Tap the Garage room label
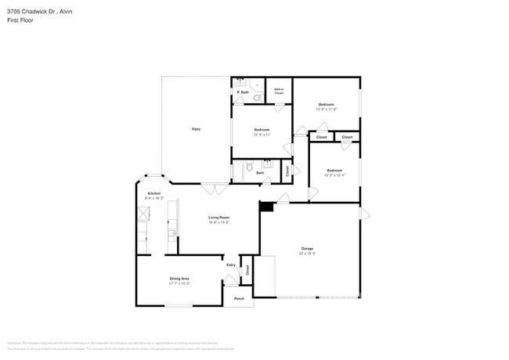pos(307,248)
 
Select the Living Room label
pos(218,217)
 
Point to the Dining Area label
pos(179,278)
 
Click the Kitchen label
pos(154,193)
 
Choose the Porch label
pos(240,298)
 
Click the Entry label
pos(231,265)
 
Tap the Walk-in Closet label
pos(279,91)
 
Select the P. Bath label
pos(244,93)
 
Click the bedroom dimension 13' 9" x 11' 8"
pos(326,110)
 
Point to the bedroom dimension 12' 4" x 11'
pos(262,135)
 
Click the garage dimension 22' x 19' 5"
pos(307,254)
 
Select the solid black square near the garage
pos(267,207)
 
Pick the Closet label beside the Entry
pos(247,270)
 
